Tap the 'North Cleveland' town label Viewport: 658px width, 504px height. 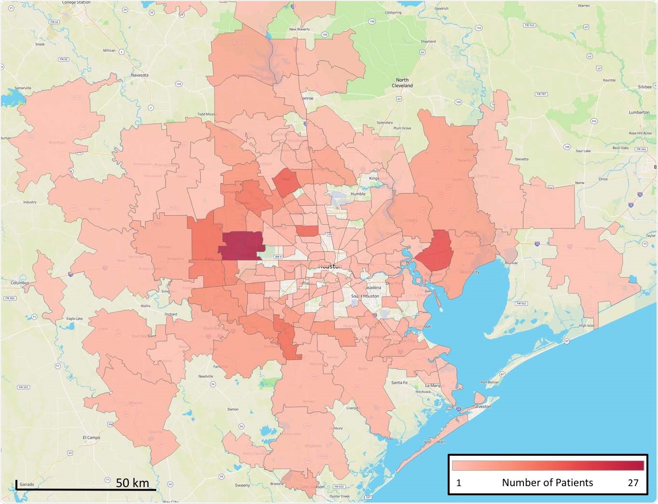(402, 83)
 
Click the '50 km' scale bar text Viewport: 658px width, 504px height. (132, 483)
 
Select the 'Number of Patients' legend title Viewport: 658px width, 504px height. (547, 483)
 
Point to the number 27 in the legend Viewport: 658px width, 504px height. (633, 483)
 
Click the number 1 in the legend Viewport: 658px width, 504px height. (459, 483)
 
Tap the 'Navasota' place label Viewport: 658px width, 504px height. (139, 75)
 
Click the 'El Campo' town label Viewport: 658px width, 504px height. (91, 437)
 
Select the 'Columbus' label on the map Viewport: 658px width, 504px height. (20, 282)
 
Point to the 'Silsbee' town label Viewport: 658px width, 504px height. (644, 87)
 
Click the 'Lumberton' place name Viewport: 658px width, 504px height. (639, 112)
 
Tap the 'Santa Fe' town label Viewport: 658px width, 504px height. (399, 382)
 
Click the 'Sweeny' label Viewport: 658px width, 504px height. (242, 485)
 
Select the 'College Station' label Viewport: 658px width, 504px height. (76, 2)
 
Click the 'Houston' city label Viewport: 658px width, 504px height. (330, 266)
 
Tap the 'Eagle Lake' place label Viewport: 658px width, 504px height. (74, 319)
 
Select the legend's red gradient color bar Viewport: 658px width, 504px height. (548, 465)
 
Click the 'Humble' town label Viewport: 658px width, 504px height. (358, 194)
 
